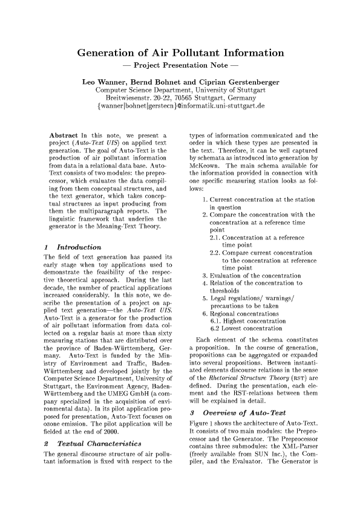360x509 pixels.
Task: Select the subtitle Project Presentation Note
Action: pos(180,65)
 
